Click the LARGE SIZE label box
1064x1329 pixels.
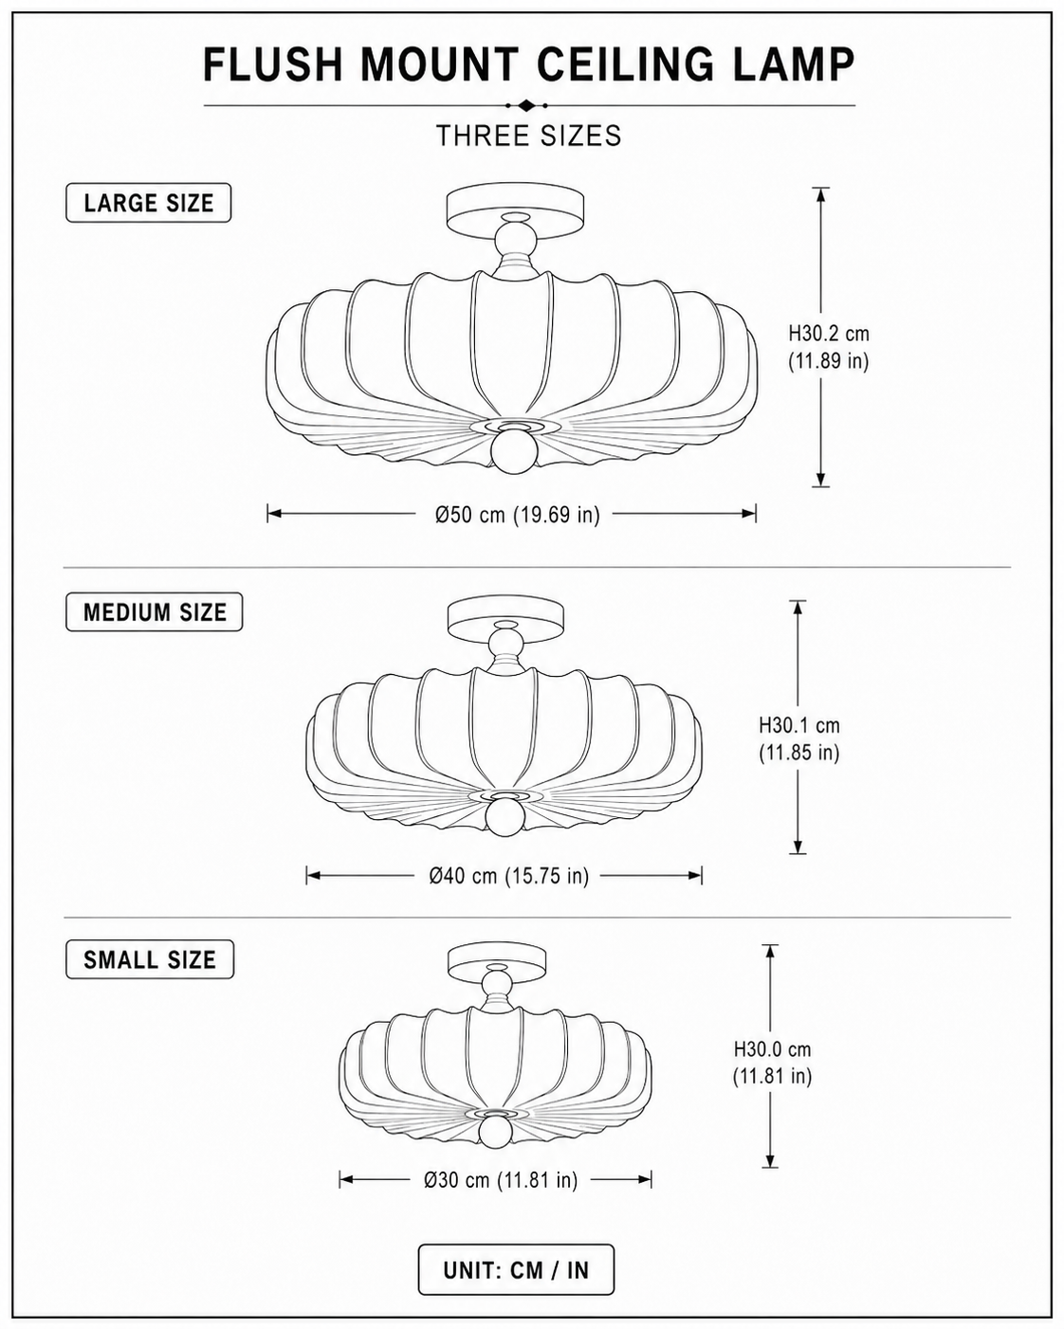point(148,203)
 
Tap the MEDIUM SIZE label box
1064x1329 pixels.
point(155,612)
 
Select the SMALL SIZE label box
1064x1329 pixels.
point(150,959)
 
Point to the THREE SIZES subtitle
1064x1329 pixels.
point(529,136)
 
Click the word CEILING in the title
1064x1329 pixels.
point(625,64)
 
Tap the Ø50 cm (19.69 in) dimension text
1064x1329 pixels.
point(517,514)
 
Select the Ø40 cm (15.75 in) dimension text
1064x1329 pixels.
point(509,875)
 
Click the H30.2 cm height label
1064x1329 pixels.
point(829,334)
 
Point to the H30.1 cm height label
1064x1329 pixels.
point(799,725)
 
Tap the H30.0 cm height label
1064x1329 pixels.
point(772,1049)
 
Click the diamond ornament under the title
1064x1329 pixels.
point(526,105)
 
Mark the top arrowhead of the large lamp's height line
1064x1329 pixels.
point(820,195)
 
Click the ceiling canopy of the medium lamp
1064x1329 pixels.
point(505,620)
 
